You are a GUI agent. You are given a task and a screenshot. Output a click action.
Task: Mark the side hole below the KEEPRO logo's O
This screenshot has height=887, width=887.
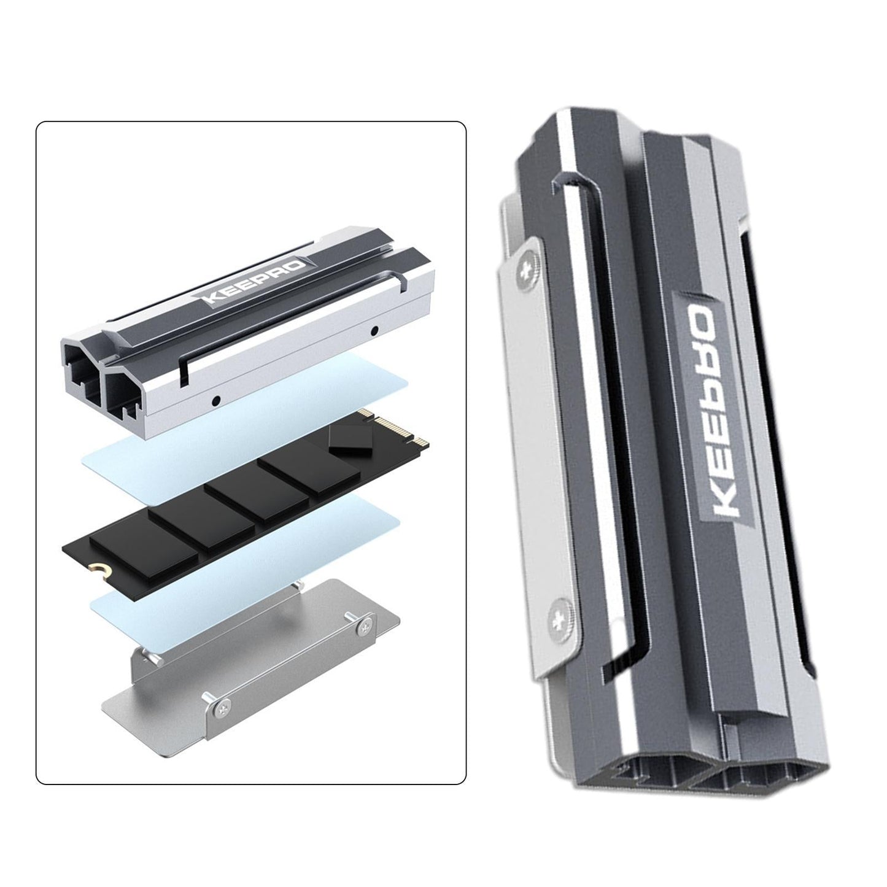point(373,331)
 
